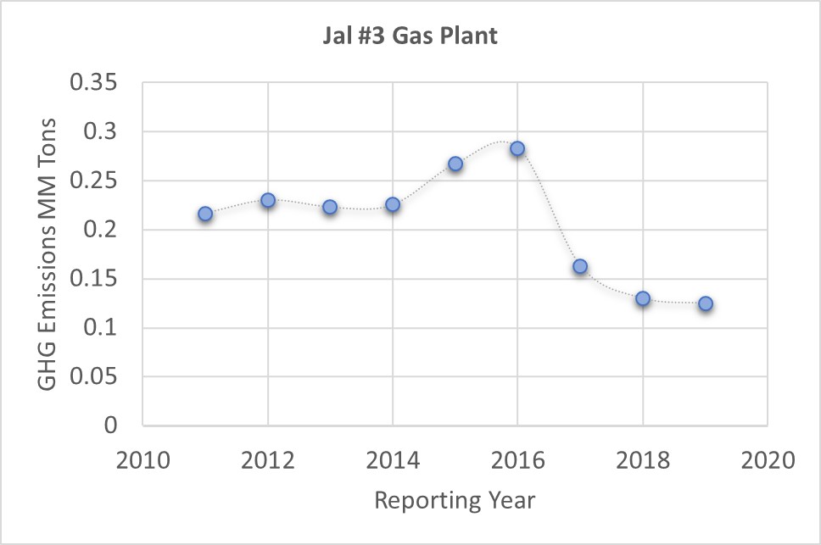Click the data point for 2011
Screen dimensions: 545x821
(205, 214)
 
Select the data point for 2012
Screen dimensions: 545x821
(268, 200)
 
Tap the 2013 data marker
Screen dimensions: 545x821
(330, 207)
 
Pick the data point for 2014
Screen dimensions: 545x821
(393, 204)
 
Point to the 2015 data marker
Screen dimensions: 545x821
(455, 164)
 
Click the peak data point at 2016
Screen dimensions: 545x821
(517, 149)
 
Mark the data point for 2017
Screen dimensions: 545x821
(580, 266)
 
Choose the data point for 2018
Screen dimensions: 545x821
(643, 298)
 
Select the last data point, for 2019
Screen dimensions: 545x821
(706, 303)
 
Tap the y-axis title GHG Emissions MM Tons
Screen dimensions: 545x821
(49, 253)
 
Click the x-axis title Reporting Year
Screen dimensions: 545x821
(455, 500)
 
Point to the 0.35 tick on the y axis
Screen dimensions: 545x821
(99, 83)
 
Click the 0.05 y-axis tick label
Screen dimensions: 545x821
(99, 376)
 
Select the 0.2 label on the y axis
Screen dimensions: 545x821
(107, 230)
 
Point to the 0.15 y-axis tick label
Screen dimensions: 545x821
(99, 279)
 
